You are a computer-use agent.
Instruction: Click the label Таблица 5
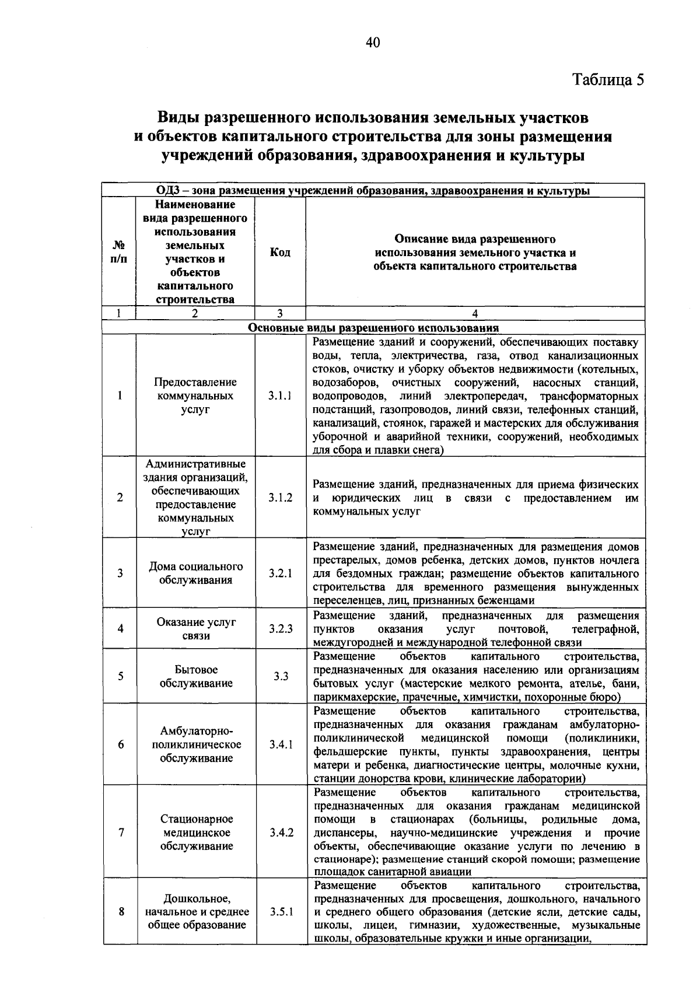pyautogui.click(x=608, y=80)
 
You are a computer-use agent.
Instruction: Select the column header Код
pyautogui.click(x=280, y=252)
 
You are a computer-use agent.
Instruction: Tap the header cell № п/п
pyautogui.click(x=118, y=252)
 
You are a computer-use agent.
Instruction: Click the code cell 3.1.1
pyautogui.click(x=280, y=396)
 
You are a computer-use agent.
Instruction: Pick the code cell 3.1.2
pyautogui.click(x=280, y=498)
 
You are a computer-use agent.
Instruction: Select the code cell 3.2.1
pyautogui.click(x=280, y=573)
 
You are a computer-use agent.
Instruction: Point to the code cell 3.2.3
pyautogui.click(x=280, y=629)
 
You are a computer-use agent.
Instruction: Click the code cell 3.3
pyautogui.click(x=281, y=676)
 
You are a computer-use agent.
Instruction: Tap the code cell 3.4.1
pyautogui.click(x=281, y=744)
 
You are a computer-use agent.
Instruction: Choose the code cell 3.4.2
pyautogui.click(x=281, y=832)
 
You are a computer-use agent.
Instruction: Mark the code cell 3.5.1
pyautogui.click(x=281, y=912)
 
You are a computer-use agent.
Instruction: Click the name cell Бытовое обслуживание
pyautogui.click(x=196, y=676)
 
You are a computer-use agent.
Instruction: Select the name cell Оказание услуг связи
pyautogui.click(x=196, y=629)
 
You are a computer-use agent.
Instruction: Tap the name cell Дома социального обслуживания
pyautogui.click(x=196, y=573)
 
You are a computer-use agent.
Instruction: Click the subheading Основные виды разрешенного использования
pyautogui.click(x=373, y=327)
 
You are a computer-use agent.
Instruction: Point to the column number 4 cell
pyautogui.click(x=475, y=313)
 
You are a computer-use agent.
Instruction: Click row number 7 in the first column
pyautogui.click(x=120, y=832)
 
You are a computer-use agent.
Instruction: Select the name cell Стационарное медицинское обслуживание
pyautogui.click(x=196, y=832)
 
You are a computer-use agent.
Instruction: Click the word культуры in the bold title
pyautogui.click(x=548, y=156)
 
